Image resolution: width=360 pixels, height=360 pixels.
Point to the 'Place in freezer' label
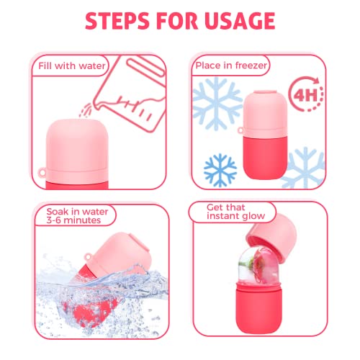click(x=230, y=66)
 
